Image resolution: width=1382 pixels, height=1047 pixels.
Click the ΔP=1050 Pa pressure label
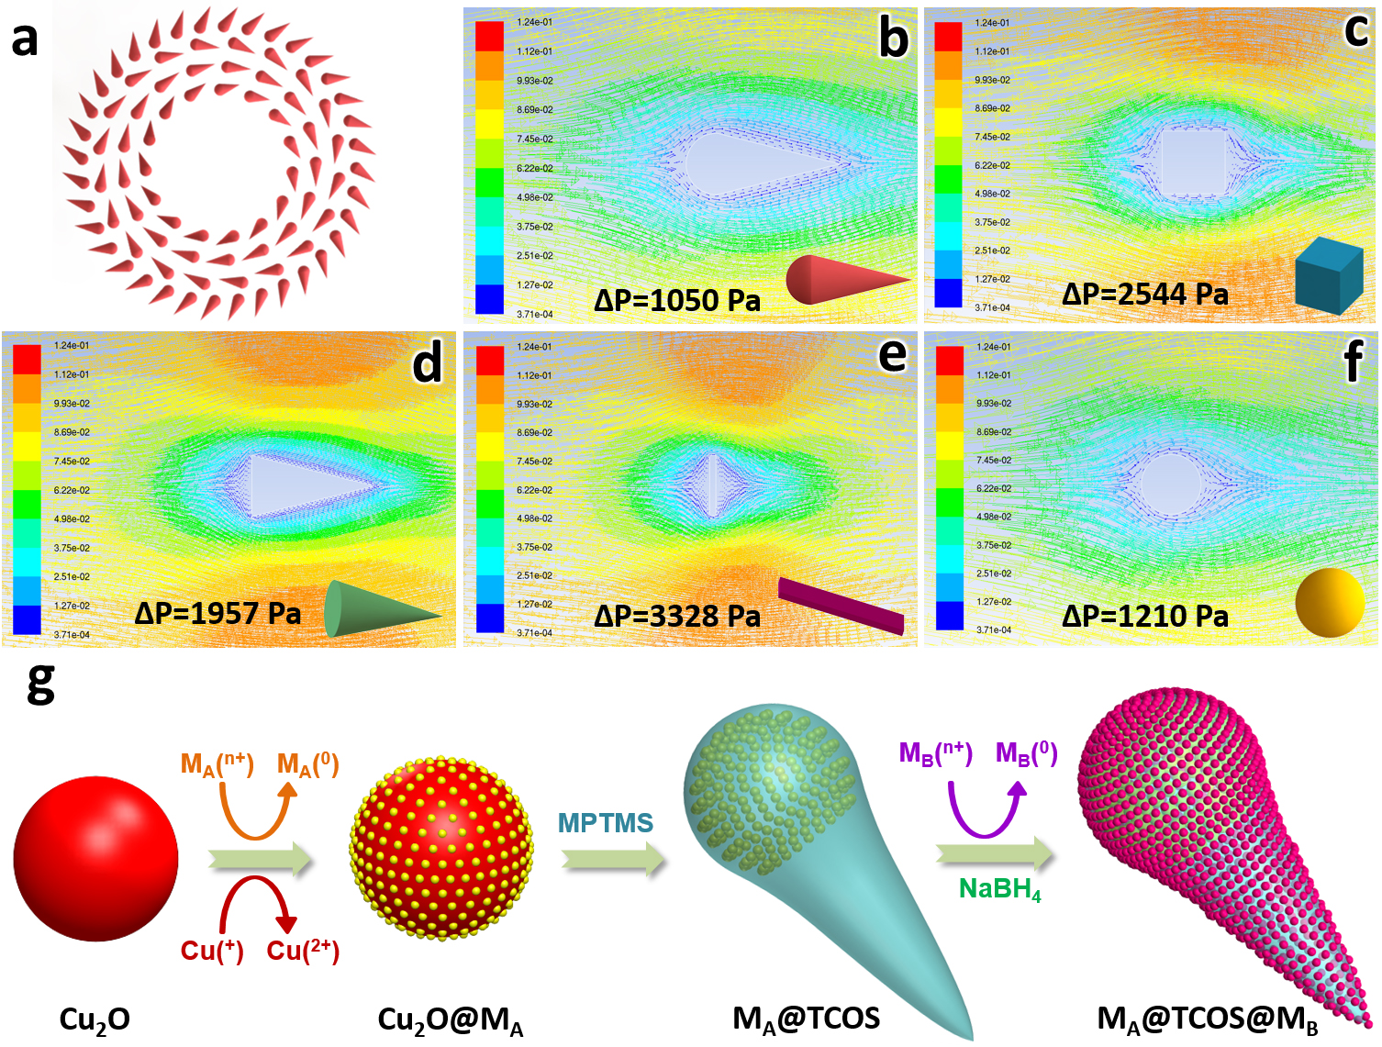(x=677, y=300)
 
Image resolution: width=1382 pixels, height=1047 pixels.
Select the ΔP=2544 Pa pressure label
(x=1144, y=294)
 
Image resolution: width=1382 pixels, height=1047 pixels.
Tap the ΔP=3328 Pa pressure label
(x=677, y=616)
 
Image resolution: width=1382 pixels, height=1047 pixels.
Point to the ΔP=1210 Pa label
(x=1144, y=616)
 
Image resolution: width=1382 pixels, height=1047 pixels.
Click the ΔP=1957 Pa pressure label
(x=217, y=612)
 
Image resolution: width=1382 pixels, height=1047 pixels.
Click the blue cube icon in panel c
(x=1329, y=274)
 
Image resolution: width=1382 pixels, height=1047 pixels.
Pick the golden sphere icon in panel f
(x=1330, y=602)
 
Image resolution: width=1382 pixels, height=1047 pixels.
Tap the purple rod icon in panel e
(x=841, y=605)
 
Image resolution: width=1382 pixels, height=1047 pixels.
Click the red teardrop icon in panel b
(x=844, y=279)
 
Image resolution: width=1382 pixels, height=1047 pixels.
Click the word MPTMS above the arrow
(x=606, y=823)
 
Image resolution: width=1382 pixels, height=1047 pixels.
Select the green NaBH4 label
(x=1000, y=889)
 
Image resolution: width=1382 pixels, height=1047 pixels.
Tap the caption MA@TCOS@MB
(x=1208, y=1019)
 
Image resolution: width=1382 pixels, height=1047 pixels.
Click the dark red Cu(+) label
(x=212, y=951)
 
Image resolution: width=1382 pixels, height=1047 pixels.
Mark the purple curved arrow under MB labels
(x=986, y=808)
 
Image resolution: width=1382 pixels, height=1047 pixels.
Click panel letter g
(x=40, y=683)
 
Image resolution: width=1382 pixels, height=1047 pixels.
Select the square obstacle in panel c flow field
(x=1193, y=162)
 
